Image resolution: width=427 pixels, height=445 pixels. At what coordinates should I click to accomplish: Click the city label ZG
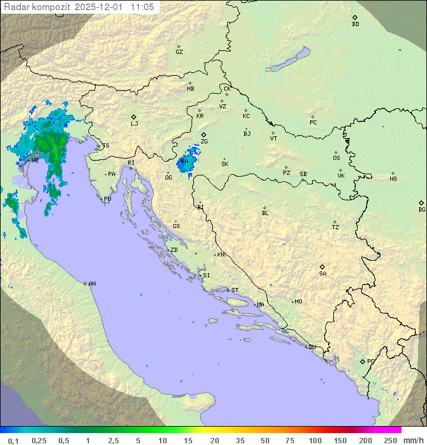pyautogui.click(x=205, y=142)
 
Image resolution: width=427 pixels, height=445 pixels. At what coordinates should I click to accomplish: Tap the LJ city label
pyautogui.click(x=134, y=124)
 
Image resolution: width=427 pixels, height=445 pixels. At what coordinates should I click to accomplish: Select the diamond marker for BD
pyautogui.click(x=355, y=18)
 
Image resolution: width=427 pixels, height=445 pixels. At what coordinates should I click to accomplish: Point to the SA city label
pyautogui.click(x=323, y=274)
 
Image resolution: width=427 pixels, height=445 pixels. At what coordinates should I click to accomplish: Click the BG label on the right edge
pyautogui.click(x=422, y=209)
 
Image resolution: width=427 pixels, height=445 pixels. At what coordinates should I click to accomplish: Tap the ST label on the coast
pyautogui.click(x=235, y=290)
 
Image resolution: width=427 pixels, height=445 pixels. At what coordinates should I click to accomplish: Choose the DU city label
pyautogui.click(x=312, y=347)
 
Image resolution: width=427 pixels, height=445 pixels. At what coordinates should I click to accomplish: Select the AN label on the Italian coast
pyautogui.click(x=92, y=284)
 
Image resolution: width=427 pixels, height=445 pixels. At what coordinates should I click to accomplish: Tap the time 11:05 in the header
pyautogui.click(x=142, y=7)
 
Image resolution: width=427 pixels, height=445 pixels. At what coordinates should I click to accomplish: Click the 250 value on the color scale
pyautogui.click(x=390, y=440)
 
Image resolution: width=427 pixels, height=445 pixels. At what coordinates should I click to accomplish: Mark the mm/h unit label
pyautogui.click(x=413, y=440)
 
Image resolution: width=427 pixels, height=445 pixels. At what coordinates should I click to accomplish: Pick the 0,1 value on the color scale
pyautogui.click(x=13, y=440)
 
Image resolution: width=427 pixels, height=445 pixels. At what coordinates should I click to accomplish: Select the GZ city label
pyautogui.click(x=179, y=52)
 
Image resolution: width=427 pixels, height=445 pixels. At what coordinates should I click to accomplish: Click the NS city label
pyautogui.click(x=393, y=179)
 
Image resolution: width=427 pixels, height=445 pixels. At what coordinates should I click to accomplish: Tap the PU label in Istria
pyautogui.click(x=107, y=199)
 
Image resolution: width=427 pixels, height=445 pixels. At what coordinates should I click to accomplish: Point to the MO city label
pyautogui.click(x=298, y=301)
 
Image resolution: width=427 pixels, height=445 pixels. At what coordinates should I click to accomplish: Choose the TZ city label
pyautogui.click(x=336, y=227)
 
